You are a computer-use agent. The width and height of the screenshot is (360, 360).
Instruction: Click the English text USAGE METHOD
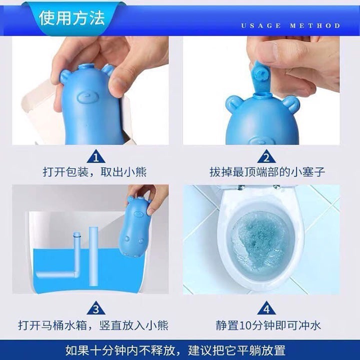coord(290,25)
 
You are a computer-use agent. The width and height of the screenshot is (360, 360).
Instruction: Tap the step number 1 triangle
coord(98,158)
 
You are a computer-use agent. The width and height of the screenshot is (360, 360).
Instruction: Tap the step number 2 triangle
coord(266,158)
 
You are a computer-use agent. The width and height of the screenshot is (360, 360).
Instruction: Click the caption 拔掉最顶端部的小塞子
coord(267,173)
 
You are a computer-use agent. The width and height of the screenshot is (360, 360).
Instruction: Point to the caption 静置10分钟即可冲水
coord(268,325)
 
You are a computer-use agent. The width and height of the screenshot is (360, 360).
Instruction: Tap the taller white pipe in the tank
coord(94,250)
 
